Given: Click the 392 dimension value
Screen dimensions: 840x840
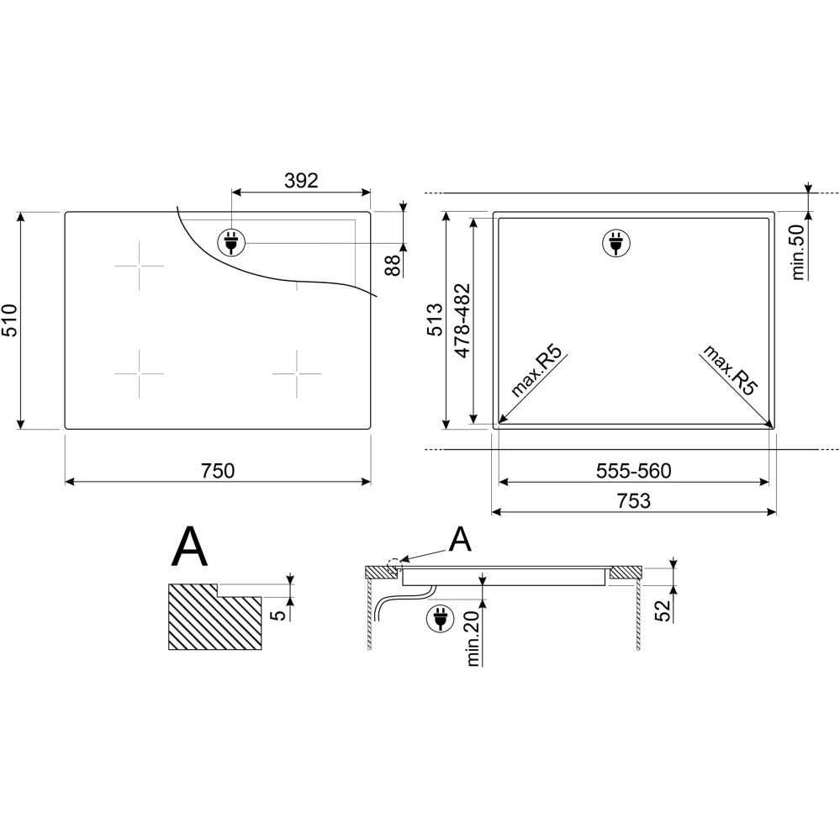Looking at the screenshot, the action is tap(301, 181).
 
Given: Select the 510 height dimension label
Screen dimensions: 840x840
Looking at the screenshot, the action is tap(10, 320).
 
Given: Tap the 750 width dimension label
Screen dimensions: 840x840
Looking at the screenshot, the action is tap(218, 471).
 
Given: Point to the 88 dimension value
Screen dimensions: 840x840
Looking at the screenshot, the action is tap(394, 265).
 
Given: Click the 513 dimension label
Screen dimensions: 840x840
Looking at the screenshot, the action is tap(435, 320).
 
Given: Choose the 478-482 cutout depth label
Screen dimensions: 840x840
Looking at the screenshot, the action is tap(462, 320).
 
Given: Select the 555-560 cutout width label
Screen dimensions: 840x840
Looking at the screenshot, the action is tap(634, 471).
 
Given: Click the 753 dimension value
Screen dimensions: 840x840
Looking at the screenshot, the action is tap(634, 501).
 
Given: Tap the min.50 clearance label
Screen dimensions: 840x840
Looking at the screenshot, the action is tap(798, 251).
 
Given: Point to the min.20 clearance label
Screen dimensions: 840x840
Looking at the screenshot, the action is tap(473, 637).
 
